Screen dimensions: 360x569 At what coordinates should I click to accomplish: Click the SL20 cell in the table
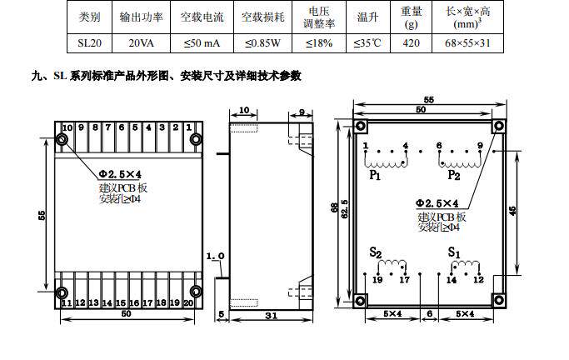(88, 42)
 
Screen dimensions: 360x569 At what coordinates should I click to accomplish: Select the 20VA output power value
(140, 42)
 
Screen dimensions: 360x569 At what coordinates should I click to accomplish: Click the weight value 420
(411, 42)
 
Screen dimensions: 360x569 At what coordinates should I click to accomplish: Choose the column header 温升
(367, 16)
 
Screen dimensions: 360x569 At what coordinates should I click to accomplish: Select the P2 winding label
(453, 175)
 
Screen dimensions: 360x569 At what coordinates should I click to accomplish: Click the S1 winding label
(453, 251)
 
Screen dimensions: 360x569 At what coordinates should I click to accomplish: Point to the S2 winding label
(376, 252)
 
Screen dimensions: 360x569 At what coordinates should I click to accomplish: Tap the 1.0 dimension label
(214, 256)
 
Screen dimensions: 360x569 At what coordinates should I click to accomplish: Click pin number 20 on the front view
(188, 302)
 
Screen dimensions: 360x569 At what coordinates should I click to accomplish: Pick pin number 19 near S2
(378, 281)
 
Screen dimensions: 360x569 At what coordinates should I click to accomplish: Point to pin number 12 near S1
(478, 281)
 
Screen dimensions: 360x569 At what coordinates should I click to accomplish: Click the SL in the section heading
(61, 76)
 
